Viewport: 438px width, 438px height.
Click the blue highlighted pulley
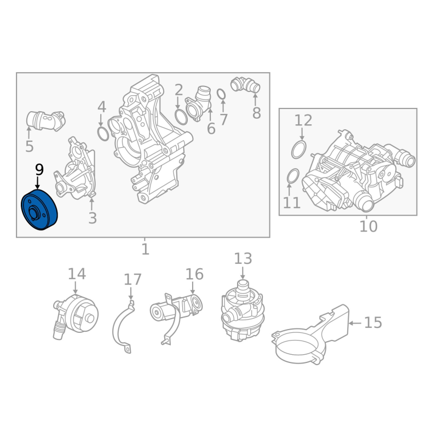pyautogui.click(x=39, y=210)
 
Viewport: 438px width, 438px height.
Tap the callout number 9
pyautogui.click(x=39, y=170)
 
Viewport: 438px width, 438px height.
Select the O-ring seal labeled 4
pyautogui.click(x=103, y=134)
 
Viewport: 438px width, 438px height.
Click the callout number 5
pyautogui.click(x=30, y=146)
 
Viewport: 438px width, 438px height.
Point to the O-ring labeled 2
pyautogui.click(x=181, y=117)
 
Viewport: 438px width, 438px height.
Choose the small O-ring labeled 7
pyautogui.click(x=221, y=94)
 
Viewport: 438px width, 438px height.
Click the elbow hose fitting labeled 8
pyautogui.click(x=245, y=84)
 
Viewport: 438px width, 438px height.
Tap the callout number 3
pyautogui.click(x=93, y=218)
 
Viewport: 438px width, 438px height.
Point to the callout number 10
pyautogui.click(x=368, y=226)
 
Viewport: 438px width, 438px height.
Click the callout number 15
pyautogui.click(x=373, y=322)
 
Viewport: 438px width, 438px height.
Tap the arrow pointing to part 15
pyautogui.click(x=355, y=323)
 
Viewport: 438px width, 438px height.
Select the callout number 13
pyautogui.click(x=243, y=258)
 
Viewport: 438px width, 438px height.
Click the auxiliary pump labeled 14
pyautogui.click(x=76, y=316)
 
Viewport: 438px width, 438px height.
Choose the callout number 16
pyautogui.click(x=194, y=274)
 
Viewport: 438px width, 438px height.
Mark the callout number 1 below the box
pyautogui.click(x=145, y=249)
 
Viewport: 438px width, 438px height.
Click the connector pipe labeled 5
pyautogui.click(x=46, y=120)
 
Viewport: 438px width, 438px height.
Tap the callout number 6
pyautogui.click(x=211, y=129)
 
